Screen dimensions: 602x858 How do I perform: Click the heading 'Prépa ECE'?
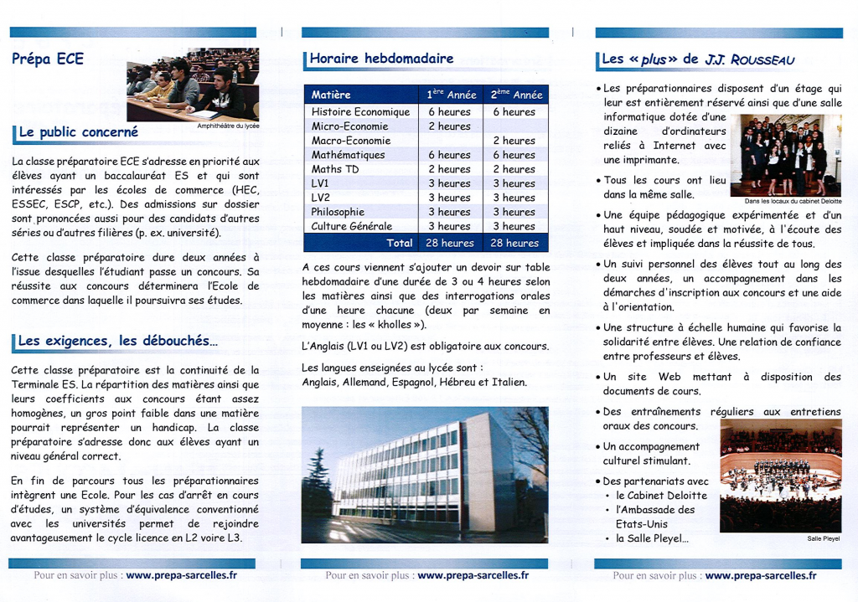[48, 59]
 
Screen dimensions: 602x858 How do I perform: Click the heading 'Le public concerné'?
[78, 132]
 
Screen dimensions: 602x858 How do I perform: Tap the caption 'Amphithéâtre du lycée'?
[228, 126]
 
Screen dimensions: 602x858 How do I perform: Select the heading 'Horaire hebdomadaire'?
[381, 59]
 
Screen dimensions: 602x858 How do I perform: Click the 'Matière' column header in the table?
[331, 95]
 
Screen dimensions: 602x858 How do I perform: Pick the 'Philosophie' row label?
[338, 212]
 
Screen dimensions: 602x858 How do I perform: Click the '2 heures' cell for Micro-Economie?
[449, 126]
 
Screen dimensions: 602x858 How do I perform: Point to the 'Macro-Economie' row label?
[351, 141]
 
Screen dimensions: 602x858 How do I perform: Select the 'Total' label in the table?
[399, 243]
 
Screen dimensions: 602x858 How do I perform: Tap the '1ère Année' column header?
[451, 95]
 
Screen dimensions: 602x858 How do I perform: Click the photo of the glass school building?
[424, 474]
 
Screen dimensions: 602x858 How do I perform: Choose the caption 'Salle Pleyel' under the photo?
[823, 538]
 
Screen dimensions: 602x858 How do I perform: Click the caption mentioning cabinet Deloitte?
[793, 201]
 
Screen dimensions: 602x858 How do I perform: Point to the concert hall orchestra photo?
[780, 476]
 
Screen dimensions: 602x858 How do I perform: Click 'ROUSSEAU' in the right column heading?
[762, 60]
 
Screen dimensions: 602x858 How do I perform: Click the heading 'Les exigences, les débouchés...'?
[117, 341]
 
